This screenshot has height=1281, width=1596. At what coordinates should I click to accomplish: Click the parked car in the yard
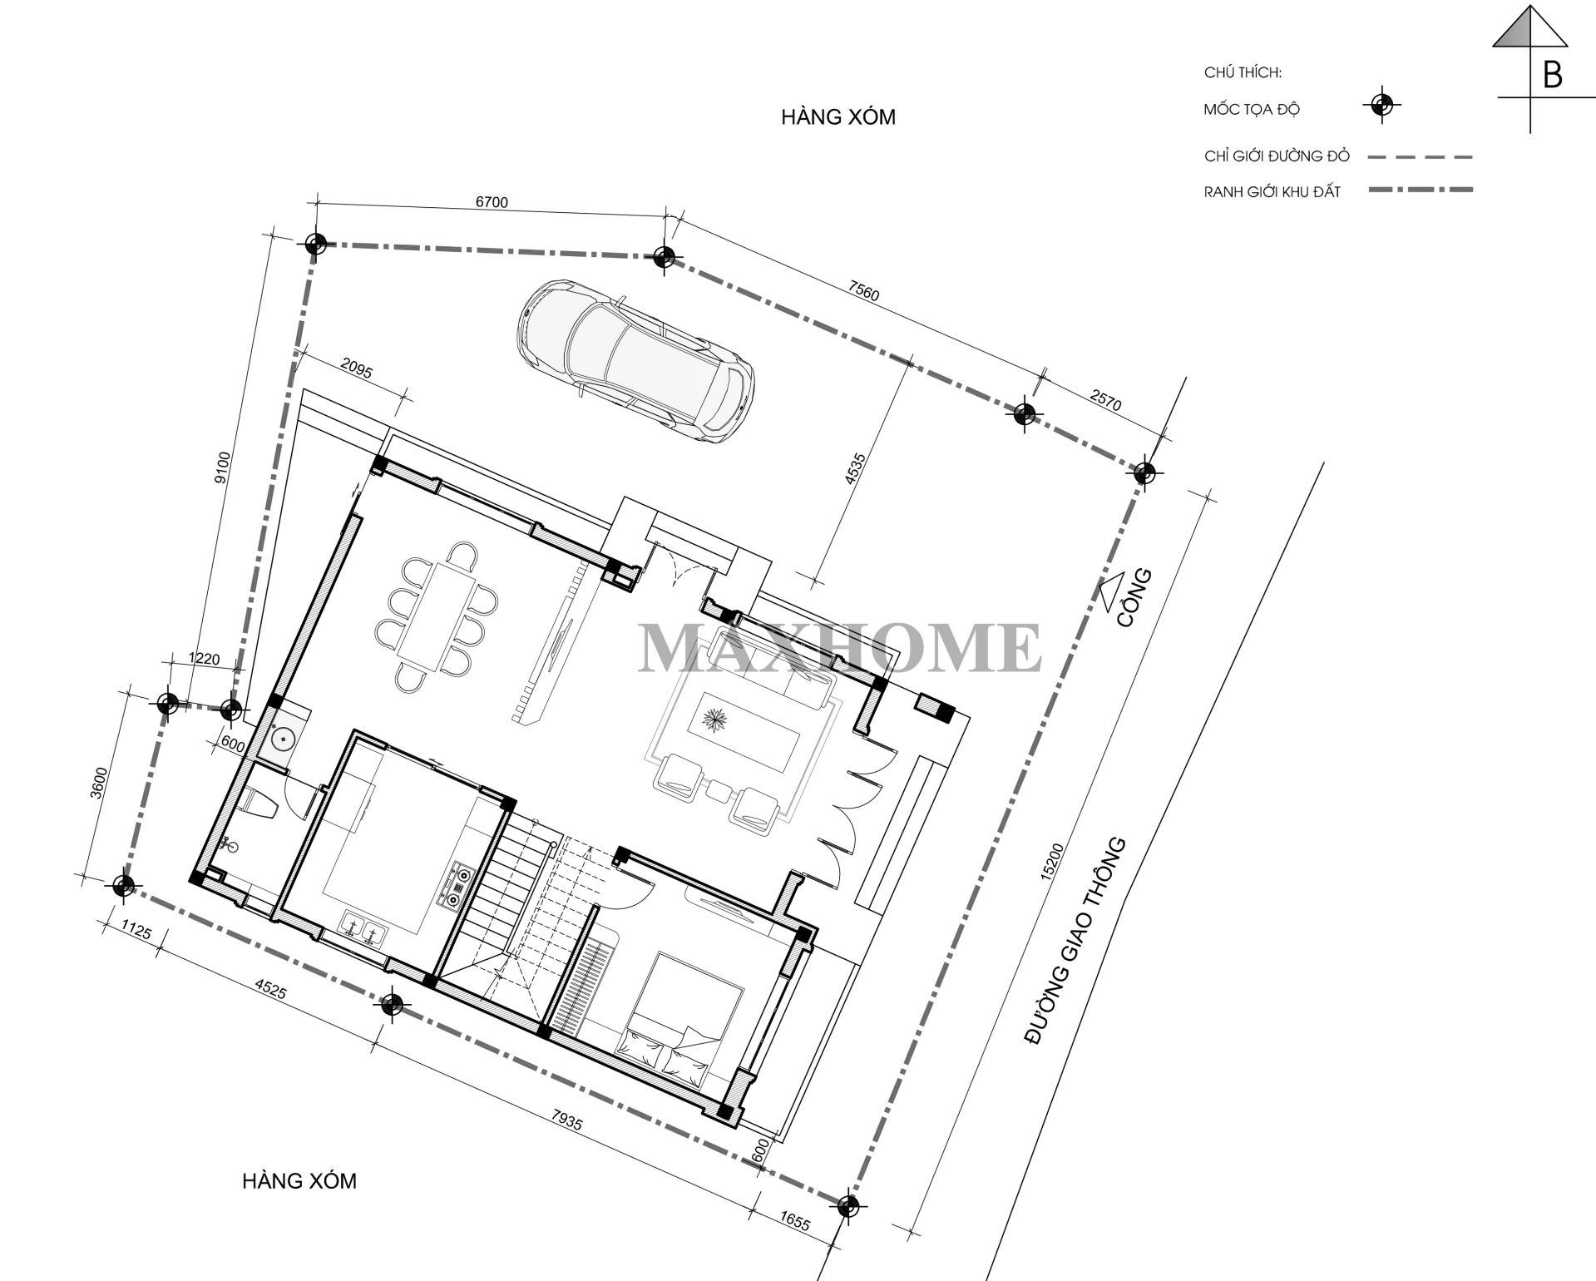(x=636, y=362)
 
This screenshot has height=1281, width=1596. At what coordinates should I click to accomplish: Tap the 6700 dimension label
(x=491, y=202)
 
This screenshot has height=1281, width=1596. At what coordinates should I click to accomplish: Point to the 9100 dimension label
(x=220, y=467)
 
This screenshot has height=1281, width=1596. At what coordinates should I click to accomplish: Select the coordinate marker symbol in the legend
(x=1381, y=105)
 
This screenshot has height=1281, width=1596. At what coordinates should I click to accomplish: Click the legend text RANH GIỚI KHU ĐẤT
(x=1272, y=192)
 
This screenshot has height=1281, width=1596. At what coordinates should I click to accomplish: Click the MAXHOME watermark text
(x=840, y=646)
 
